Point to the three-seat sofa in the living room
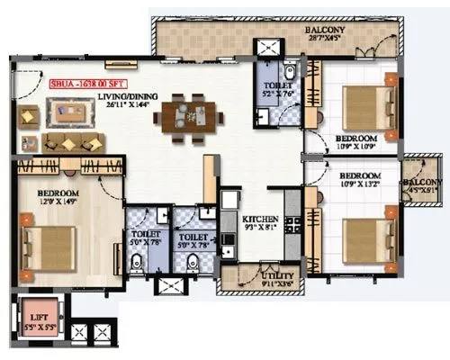[74, 142]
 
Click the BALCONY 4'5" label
[419, 184]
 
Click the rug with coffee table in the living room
[67, 112]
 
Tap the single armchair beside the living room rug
[28, 114]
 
